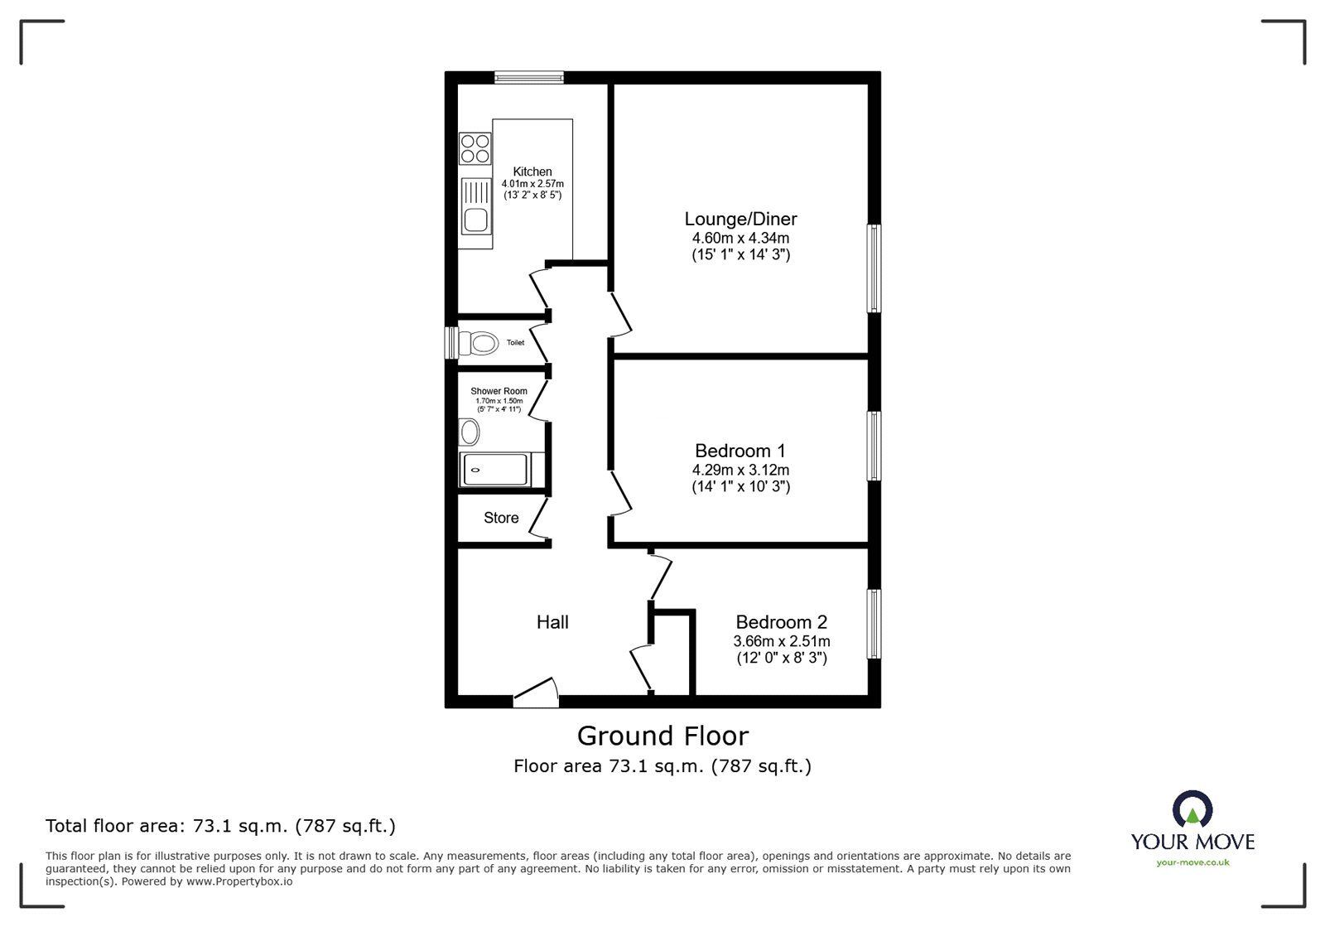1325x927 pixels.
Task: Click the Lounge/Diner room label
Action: (740, 220)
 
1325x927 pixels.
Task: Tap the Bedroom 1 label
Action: (740, 451)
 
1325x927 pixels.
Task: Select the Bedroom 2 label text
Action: (781, 622)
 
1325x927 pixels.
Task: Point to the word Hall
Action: (552, 622)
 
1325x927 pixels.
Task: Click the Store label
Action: (501, 518)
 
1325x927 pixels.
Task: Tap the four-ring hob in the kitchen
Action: (475, 148)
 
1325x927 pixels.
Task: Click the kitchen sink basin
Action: (475, 220)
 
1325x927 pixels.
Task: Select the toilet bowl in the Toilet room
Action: (479, 342)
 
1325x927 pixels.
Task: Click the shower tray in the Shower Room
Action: (494, 471)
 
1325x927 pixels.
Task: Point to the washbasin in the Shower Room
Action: (470, 432)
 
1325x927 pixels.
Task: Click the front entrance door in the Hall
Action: (534, 693)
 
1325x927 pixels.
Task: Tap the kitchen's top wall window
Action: (529, 78)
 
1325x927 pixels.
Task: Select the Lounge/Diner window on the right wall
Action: (874, 268)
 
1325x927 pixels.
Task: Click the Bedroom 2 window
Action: (874, 624)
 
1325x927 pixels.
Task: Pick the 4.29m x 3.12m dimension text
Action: (740, 470)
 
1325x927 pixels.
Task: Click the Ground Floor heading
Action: (662, 736)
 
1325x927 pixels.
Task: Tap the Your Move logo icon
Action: (1192, 809)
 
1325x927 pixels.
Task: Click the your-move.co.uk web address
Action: (1192, 862)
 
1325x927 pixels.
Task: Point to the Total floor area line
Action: (220, 826)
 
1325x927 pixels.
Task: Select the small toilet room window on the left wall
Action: (451, 342)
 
